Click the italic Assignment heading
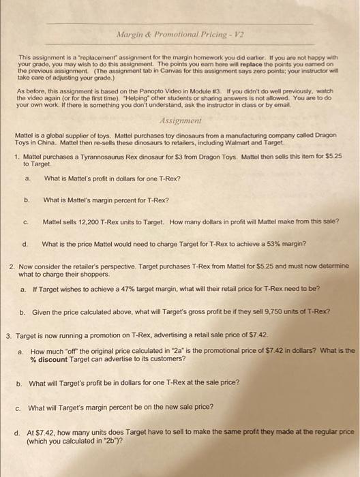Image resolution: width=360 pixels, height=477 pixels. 179,117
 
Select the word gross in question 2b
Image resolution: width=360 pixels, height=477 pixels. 193,311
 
